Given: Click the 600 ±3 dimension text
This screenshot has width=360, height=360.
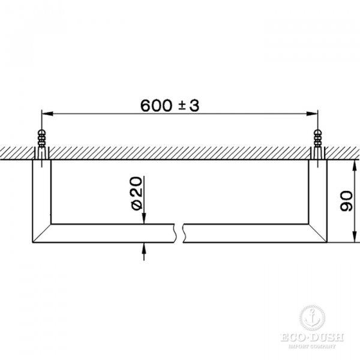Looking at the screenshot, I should pos(169,105).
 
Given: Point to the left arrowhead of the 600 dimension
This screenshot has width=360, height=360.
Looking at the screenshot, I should pos(46,113).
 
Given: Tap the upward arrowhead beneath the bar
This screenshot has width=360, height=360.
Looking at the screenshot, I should pos(144,247).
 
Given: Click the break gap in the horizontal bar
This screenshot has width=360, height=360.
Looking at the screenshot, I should pos(180,233).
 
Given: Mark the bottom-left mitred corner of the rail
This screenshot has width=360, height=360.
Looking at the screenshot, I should pos(41,234).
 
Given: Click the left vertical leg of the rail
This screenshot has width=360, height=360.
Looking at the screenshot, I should pos(41,192).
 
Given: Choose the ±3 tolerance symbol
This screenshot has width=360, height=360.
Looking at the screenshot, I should pos(186,105).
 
